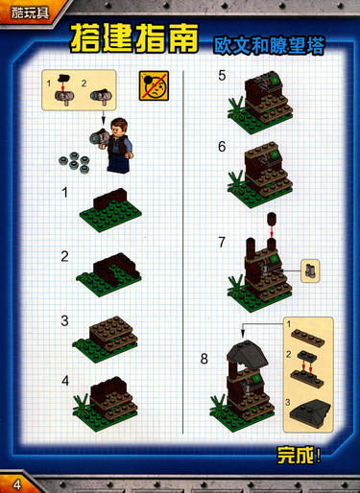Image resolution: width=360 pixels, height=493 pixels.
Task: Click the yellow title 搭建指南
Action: click(x=134, y=38)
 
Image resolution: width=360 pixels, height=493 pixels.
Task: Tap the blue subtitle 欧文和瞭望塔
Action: click(x=269, y=46)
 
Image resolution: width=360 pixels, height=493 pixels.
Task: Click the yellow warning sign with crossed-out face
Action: click(x=154, y=85)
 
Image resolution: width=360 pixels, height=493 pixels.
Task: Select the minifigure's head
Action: click(x=119, y=126)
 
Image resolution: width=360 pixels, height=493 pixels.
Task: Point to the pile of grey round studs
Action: click(x=75, y=162)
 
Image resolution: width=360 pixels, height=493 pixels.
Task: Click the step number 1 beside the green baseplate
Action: click(x=65, y=193)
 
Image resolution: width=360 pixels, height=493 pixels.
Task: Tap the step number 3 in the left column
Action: click(x=64, y=320)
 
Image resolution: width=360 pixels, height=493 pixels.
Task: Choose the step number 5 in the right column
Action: click(x=222, y=76)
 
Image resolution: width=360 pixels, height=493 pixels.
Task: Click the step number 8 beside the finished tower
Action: click(x=204, y=359)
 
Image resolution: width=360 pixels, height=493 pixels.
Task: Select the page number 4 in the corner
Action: click(x=17, y=484)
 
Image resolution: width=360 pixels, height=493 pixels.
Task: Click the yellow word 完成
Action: click(x=296, y=455)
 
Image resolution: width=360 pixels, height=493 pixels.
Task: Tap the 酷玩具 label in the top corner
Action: click(x=31, y=13)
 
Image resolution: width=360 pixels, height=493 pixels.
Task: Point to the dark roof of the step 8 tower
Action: click(x=247, y=354)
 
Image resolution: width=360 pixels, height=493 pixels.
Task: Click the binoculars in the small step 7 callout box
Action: click(x=310, y=270)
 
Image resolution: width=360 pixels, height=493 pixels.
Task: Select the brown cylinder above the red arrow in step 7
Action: click(x=272, y=218)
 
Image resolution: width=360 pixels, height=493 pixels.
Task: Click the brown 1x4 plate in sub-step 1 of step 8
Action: click(x=307, y=338)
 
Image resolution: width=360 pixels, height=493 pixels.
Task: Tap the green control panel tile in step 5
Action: click(x=275, y=82)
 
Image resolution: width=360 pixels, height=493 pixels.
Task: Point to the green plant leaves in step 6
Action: click(x=236, y=182)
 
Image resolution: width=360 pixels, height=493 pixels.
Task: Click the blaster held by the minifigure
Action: click(x=99, y=137)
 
